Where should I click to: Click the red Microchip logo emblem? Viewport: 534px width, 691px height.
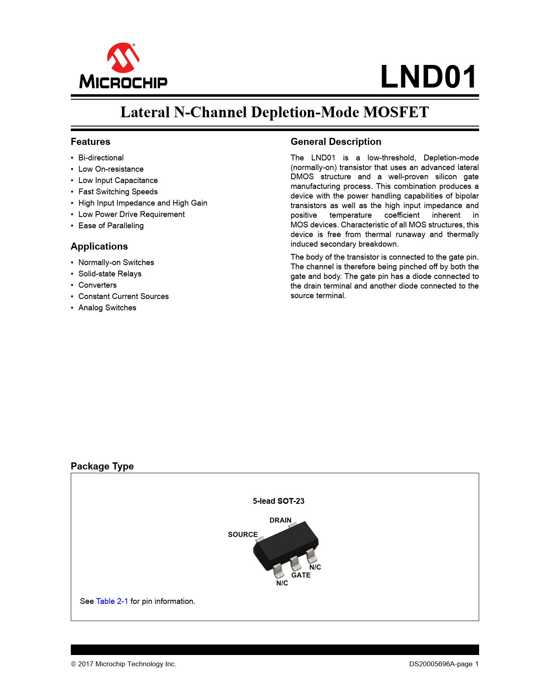click(x=123, y=57)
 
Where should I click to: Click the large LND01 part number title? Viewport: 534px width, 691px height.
click(x=428, y=77)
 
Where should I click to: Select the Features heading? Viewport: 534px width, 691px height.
click(x=90, y=142)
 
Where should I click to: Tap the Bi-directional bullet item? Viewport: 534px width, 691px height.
click(x=101, y=158)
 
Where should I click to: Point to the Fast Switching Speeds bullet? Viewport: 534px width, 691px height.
click(x=118, y=192)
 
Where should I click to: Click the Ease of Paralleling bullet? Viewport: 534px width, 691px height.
click(x=111, y=226)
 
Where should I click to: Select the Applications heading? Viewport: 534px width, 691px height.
click(x=99, y=246)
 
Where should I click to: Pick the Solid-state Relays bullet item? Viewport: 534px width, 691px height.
click(x=110, y=274)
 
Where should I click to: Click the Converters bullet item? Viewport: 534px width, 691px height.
click(x=98, y=285)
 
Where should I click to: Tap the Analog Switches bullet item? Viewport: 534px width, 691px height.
click(x=107, y=308)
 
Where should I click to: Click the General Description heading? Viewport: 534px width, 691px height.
click(x=336, y=142)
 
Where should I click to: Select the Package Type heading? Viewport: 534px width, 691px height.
click(x=102, y=466)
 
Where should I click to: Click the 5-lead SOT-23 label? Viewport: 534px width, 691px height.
click(x=279, y=501)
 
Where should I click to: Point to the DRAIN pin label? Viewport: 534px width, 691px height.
click(x=280, y=520)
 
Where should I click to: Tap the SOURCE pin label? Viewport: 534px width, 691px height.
click(x=242, y=534)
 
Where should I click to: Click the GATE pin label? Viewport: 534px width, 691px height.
click(x=301, y=575)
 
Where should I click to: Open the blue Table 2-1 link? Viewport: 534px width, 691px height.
click(x=112, y=601)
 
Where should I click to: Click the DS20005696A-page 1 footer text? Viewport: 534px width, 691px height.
click(x=444, y=664)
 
